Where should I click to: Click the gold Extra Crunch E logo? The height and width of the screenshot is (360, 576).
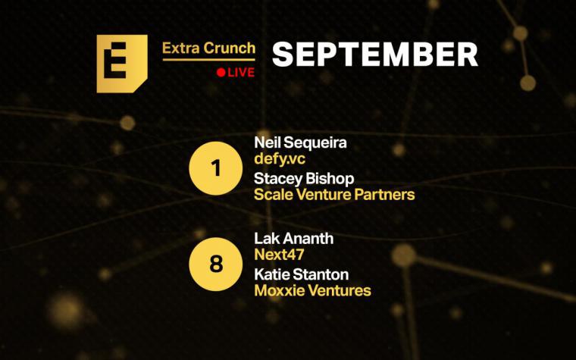122,64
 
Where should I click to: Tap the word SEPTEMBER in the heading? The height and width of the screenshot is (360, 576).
374,55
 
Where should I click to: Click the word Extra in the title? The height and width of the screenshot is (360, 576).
180,48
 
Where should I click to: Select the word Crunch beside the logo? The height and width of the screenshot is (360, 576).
230,48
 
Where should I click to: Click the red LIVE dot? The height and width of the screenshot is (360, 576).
221,72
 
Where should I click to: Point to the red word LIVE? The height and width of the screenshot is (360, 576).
241,72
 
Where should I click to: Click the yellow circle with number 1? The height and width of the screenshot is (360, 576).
216,168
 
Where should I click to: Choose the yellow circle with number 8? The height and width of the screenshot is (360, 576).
216,264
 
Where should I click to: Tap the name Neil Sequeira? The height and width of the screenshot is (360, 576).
300,142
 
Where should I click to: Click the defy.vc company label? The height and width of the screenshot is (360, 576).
280,159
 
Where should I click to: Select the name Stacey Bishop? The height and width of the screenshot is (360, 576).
304,179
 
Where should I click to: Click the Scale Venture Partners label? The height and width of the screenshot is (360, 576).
334,194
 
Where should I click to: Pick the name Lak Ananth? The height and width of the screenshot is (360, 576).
294,239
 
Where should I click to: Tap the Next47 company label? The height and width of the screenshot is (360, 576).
279,255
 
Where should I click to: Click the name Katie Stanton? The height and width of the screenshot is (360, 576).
302,274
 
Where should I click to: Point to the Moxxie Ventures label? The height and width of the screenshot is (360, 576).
312,290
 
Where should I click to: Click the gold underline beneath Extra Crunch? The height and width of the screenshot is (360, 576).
209,60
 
